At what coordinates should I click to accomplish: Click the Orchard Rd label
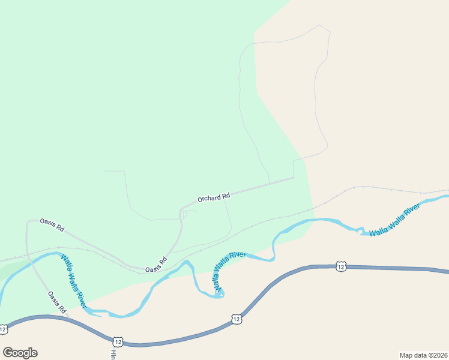coord(214,197)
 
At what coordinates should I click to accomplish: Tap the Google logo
coord(20,353)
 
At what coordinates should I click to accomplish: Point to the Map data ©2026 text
coord(423,355)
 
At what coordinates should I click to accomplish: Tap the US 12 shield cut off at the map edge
coord(4,329)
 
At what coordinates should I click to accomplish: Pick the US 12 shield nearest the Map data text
coord(341,266)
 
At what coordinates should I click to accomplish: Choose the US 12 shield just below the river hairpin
coord(237,319)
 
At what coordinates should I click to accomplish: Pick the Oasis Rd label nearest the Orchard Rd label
coord(155,265)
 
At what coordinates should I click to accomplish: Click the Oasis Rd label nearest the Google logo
coord(56,302)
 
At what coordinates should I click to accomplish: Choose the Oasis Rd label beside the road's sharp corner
coord(52,225)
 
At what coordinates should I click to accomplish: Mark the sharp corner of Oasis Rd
coord(28,221)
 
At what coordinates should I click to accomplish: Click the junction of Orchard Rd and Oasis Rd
coord(181,210)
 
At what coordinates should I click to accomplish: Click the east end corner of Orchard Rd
coord(294,177)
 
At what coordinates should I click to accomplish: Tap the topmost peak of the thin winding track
coord(319,25)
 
